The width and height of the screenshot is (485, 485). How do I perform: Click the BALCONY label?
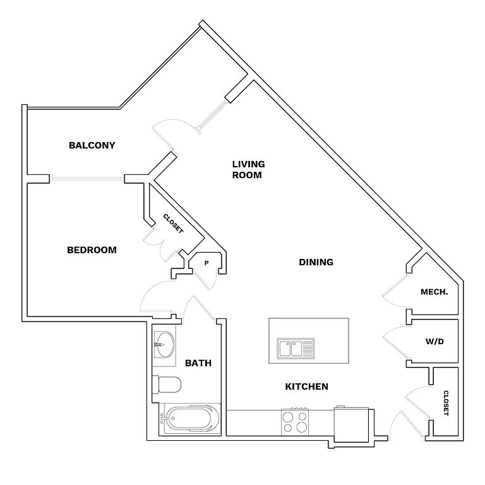coord(92,145)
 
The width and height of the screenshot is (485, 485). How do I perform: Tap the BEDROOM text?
coord(92,250)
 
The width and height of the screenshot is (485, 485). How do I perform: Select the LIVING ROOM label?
coord(248,170)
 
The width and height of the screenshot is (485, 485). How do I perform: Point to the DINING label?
coord(316,262)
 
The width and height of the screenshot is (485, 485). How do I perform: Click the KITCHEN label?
coord(306,386)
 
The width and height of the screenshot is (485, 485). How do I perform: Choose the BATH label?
coord(198,363)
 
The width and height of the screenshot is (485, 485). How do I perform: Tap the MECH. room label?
coord(434,292)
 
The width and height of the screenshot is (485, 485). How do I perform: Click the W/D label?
coord(434,342)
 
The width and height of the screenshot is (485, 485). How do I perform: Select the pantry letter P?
coord(206,263)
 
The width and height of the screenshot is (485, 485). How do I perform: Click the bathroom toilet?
coord(168,385)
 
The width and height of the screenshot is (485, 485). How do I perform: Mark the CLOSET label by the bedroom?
coord(173,224)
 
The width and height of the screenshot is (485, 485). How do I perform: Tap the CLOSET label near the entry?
coord(446,403)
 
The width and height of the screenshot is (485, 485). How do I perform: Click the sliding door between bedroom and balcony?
coord(87,179)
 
